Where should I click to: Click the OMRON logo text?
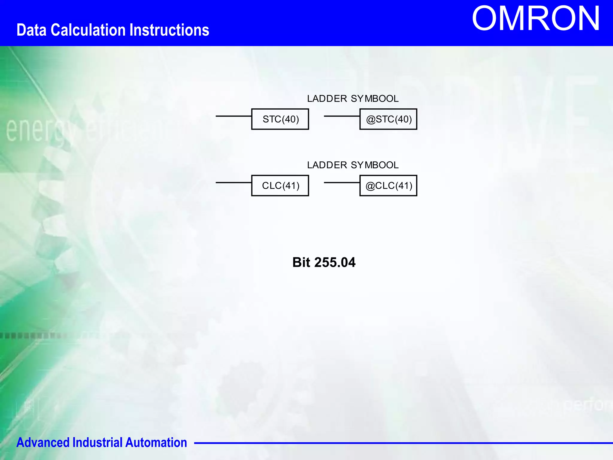point(535,19)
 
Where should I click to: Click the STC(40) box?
point(280,119)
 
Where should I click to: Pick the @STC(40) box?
point(388,119)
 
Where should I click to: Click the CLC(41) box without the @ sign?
point(280,186)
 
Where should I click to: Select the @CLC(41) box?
point(388,186)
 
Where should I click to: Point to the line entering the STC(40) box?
point(233,116)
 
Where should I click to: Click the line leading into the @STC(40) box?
point(342,116)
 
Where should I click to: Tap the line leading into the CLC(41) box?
point(233,183)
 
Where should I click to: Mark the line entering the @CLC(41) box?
point(342,183)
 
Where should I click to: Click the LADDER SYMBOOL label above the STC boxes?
point(353,99)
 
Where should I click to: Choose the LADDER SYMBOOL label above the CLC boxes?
point(353,165)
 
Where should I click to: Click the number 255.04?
point(335,262)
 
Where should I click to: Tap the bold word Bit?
point(301,262)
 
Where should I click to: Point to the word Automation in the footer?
point(156,443)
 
